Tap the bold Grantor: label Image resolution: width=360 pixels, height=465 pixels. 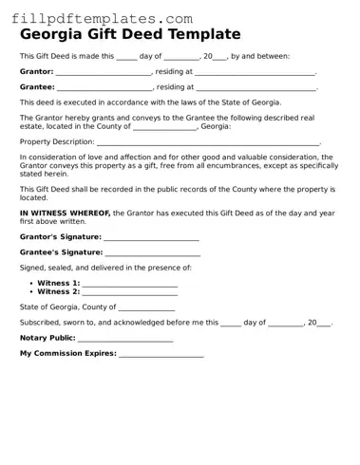point(37,71)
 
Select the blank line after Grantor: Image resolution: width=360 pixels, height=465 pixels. point(104,73)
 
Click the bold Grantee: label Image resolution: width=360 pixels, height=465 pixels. point(37,86)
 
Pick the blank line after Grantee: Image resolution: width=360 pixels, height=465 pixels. point(104,88)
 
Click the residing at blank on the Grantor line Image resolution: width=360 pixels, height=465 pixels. point(256,73)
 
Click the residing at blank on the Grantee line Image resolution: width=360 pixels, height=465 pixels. point(256,88)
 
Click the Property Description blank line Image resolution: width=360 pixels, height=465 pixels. point(209,142)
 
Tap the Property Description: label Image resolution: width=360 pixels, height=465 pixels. point(57,141)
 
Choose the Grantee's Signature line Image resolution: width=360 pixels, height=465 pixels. point(153,253)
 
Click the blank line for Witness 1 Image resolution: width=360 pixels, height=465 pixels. point(130,284)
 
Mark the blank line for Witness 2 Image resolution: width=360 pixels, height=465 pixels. point(130,292)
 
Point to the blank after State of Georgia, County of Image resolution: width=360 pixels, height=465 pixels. point(147,308)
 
